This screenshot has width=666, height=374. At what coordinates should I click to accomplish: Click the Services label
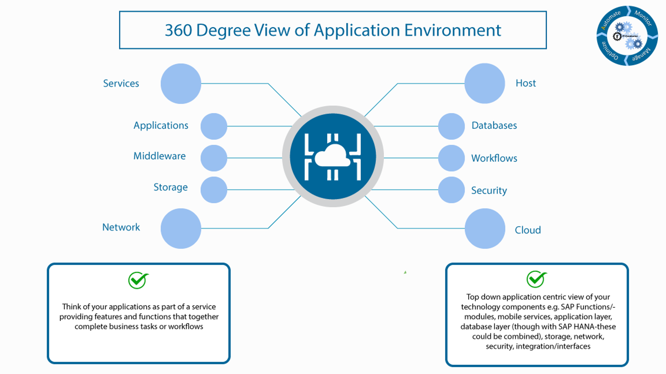[121, 83]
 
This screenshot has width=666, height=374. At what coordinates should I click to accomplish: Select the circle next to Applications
[214, 126]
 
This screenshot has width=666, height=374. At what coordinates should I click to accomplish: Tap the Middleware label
[160, 156]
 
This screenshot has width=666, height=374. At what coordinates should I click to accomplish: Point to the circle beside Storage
[214, 190]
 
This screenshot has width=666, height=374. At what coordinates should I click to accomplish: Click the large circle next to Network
[181, 229]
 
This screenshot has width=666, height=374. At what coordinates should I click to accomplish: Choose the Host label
[526, 83]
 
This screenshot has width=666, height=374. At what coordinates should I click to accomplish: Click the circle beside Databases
[451, 126]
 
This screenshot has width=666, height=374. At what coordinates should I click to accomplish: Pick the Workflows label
[494, 158]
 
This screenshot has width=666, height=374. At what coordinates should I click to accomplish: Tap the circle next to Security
[451, 190]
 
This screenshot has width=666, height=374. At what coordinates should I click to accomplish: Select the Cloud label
[528, 230]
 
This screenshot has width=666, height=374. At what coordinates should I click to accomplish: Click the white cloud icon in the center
[333, 156]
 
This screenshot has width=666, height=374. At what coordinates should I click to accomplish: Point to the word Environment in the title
[453, 30]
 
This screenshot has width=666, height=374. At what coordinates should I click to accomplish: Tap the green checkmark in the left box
[138, 280]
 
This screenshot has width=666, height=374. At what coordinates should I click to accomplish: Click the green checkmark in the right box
[536, 279]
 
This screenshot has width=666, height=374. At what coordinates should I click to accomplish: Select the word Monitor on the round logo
[643, 18]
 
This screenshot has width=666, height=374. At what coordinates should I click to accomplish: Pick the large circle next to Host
[485, 83]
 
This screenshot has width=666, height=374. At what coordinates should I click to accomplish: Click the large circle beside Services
[181, 83]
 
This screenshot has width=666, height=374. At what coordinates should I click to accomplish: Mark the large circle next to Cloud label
[485, 229]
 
